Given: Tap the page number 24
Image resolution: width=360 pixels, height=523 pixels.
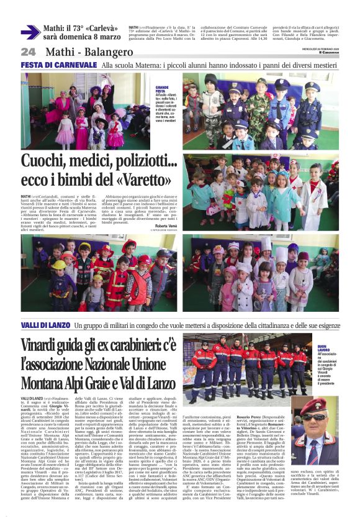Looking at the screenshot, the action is [x=29, y=52].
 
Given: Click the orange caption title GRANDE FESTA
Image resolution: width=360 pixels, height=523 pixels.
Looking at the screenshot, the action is [x=163, y=89].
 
